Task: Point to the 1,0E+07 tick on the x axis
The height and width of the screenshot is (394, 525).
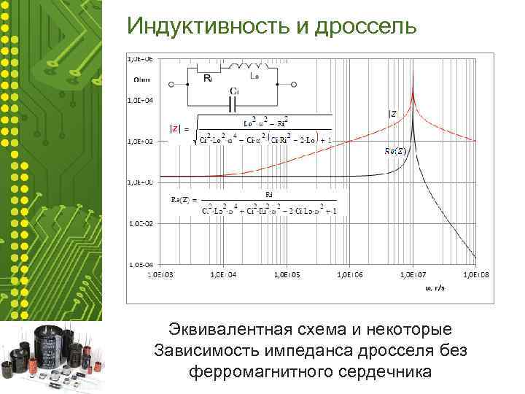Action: pos(413,275)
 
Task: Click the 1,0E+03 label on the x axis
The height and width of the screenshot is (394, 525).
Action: pos(160,275)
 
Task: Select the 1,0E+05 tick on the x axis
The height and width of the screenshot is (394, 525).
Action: pos(287,275)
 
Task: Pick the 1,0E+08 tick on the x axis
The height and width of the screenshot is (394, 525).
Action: pos(477,275)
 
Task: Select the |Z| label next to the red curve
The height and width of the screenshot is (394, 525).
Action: pos(392,113)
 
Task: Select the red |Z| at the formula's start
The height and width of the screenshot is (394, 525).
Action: pos(175,128)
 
